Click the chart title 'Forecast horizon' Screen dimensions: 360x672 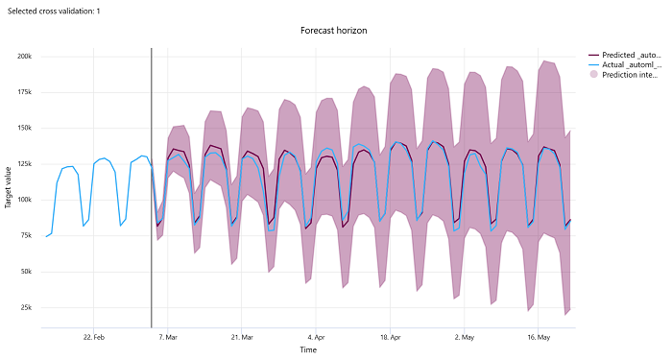[333, 31]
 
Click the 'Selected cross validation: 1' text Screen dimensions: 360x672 [52, 10]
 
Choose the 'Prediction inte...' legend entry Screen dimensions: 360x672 [632, 75]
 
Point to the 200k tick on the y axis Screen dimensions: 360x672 [23, 56]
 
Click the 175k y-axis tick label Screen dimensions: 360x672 [23, 92]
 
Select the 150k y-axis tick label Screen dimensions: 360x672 [23, 128]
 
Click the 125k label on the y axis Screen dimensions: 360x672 [23, 164]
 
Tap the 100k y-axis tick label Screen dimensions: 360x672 [23, 200]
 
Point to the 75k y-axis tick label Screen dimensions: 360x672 [25, 236]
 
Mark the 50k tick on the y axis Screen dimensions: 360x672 [25, 272]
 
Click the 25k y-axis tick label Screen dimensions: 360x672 [25, 308]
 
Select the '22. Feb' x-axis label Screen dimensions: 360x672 [93, 337]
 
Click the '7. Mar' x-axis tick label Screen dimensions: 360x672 [167, 337]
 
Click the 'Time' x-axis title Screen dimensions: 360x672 [308, 350]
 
